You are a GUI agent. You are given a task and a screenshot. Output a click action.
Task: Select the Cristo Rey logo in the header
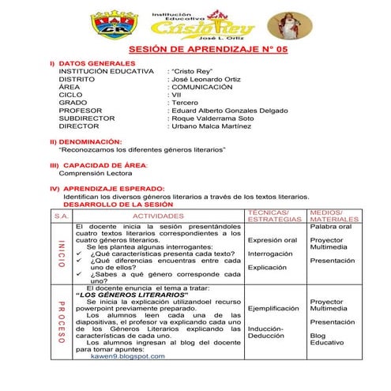coord(203,24)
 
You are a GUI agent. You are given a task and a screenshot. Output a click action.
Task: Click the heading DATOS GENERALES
coord(92,62)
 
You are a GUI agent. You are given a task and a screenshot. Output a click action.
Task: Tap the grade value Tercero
coord(186,101)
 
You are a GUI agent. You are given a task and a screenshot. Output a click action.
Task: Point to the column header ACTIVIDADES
coord(158,215)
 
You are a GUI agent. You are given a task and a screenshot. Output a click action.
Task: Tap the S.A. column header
coord(62,215)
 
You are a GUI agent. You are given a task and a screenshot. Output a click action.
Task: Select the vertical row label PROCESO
coord(62,323)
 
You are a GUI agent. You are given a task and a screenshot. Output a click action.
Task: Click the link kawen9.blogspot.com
coord(128,356)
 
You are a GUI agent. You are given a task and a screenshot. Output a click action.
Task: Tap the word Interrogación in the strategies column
coord(269,254)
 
